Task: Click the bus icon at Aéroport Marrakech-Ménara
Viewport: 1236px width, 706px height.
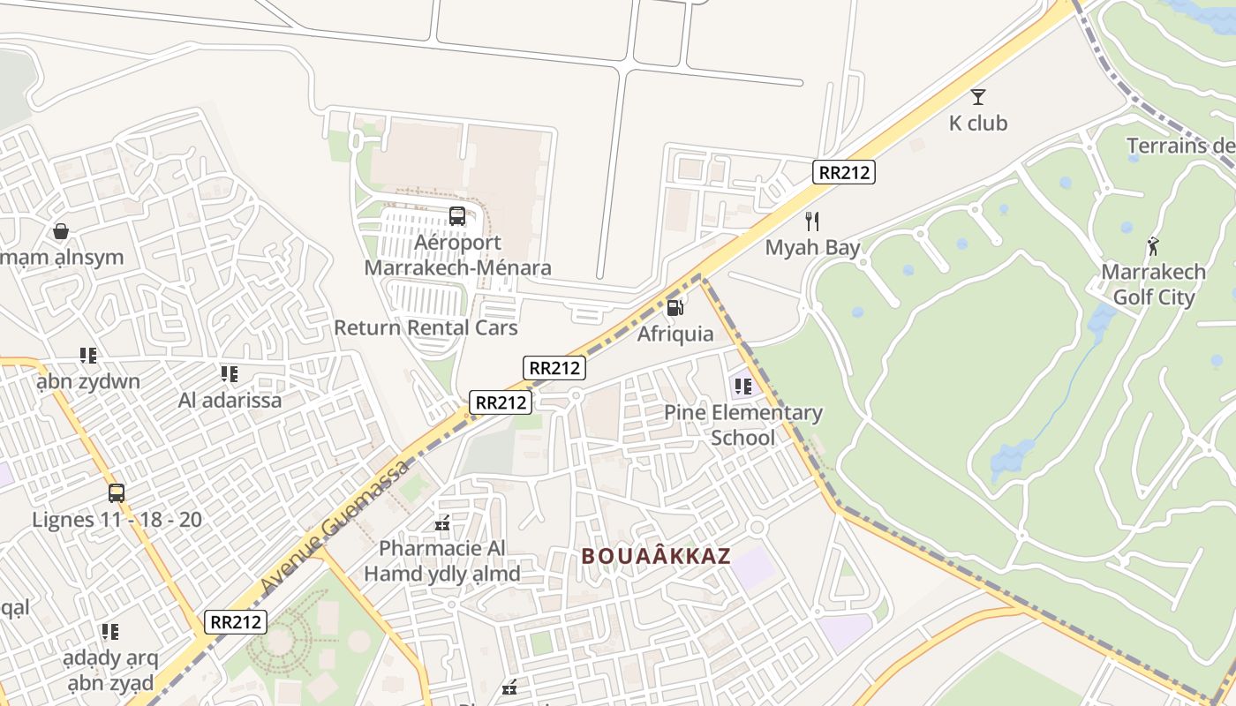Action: click(x=456, y=216)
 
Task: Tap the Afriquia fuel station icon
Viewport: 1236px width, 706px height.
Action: click(x=675, y=308)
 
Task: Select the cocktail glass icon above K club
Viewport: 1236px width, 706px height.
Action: click(x=978, y=97)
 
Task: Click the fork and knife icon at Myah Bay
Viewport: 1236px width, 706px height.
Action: click(x=812, y=222)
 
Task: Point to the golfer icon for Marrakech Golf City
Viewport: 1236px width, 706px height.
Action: click(x=1153, y=245)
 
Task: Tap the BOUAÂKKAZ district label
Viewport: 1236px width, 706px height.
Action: click(x=656, y=556)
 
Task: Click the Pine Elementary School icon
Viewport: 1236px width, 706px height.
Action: click(x=742, y=386)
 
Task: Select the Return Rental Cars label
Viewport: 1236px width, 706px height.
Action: click(x=426, y=327)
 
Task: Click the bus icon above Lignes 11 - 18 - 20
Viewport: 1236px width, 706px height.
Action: click(x=117, y=493)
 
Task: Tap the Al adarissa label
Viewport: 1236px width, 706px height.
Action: click(x=230, y=400)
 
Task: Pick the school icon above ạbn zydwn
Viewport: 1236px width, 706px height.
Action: click(x=87, y=356)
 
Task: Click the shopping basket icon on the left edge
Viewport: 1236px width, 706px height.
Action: click(x=61, y=231)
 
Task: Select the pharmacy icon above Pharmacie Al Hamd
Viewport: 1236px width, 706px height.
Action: click(x=443, y=523)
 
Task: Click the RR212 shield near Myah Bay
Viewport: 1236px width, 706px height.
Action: click(x=844, y=172)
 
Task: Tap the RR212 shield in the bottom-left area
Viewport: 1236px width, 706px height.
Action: click(x=237, y=621)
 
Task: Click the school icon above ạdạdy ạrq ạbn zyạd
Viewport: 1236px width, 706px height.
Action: click(x=109, y=632)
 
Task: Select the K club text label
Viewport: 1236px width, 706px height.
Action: click(x=977, y=124)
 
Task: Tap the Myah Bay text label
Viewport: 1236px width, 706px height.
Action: click(x=812, y=248)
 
